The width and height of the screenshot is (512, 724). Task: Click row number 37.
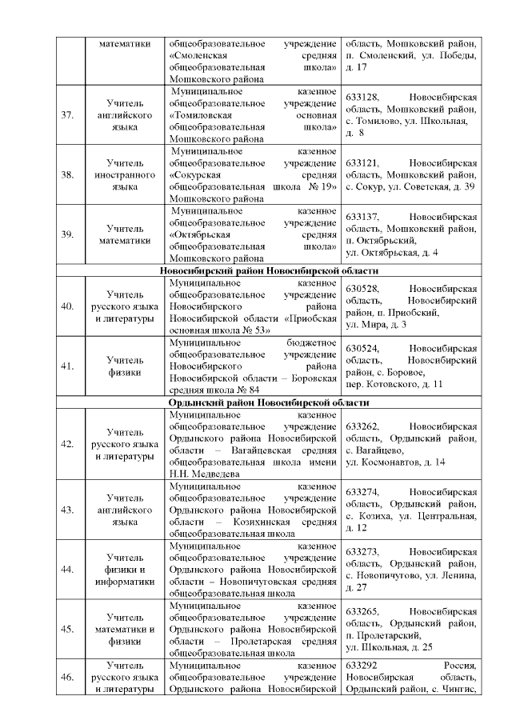click(68, 115)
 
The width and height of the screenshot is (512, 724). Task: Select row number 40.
click(68, 306)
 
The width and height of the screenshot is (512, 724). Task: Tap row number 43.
click(68, 509)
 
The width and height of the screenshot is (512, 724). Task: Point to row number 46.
click(68, 678)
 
